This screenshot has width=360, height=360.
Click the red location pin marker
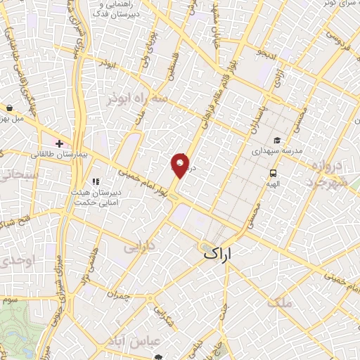pyautogui.click(x=180, y=165)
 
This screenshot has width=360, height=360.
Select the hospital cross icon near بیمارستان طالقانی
pyautogui.click(x=60, y=143)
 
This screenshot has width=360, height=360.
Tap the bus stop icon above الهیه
pyautogui.click(x=273, y=173)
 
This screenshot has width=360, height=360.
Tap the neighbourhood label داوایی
pyautogui.click(x=139, y=247)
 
